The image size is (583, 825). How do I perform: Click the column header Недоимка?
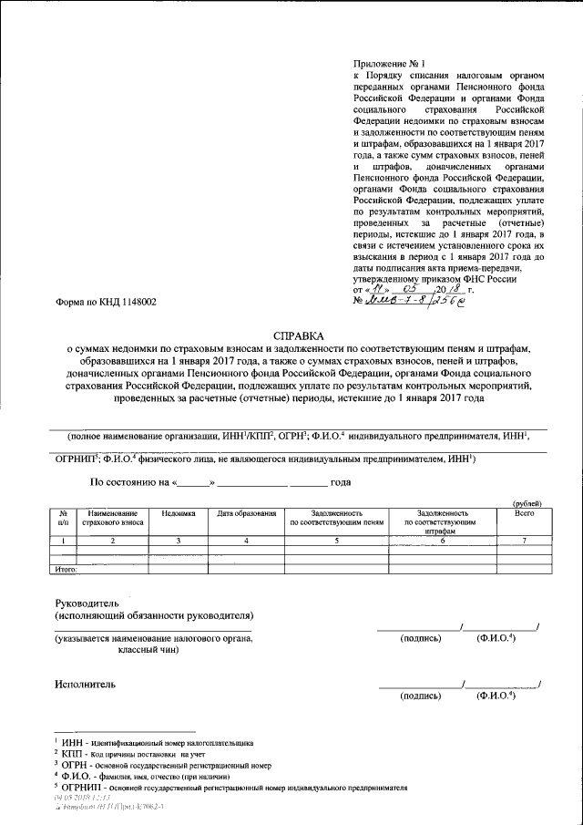point(179,514)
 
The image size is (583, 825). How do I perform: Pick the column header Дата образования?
point(246,514)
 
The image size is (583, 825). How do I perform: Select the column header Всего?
point(524,514)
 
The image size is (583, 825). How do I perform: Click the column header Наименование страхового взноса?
point(111,519)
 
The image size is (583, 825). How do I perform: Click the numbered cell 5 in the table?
point(336,541)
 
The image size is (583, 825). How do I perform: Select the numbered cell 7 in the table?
point(524,541)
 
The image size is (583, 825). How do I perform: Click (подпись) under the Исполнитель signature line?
point(420,696)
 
